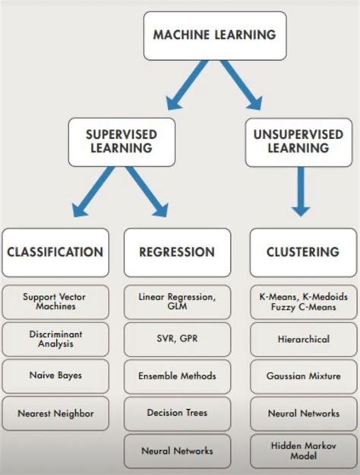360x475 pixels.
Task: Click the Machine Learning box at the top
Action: pyautogui.click(x=214, y=35)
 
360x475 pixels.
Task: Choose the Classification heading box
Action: pyautogui.click(x=55, y=252)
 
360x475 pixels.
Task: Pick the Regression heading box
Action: pyautogui.click(x=177, y=252)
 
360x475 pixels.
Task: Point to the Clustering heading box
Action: pyautogui.click(x=302, y=252)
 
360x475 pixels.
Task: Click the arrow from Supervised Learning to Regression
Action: pyautogui.click(x=147, y=193)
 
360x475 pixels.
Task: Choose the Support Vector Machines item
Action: pyautogui.click(x=55, y=301)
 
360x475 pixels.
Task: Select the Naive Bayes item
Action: pyautogui.click(x=55, y=375)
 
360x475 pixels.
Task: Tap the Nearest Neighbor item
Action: pyautogui.click(x=55, y=414)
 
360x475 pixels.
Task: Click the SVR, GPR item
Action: pyautogui.click(x=177, y=338)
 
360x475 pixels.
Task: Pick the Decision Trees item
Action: pyautogui.click(x=177, y=413)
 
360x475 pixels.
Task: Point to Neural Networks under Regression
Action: pyautogui.click(x=177, y=451)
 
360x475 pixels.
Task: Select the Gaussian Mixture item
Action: pyautogui.click(x=302, y=376)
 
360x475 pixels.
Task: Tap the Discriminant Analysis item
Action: pyautogui.click(x=55, y=338)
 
